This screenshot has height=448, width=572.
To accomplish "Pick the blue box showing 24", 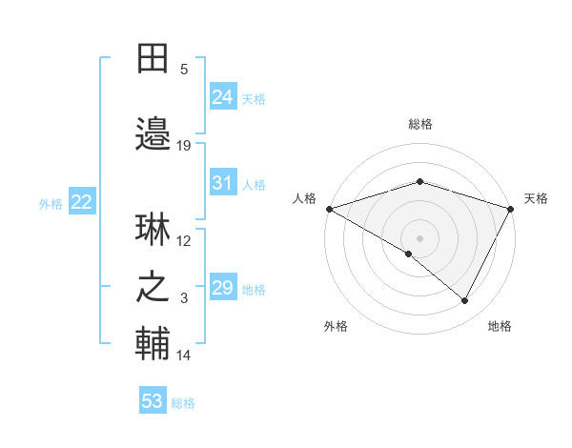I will coord(223,96).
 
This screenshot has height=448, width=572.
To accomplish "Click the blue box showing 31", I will coord(223,183).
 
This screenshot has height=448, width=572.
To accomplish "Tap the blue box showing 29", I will coord(223,288).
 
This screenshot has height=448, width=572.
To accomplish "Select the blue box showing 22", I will coord(82,202).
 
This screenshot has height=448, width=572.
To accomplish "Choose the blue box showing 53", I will coord(153,401).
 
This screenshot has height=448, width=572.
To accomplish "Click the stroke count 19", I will coord(184,146).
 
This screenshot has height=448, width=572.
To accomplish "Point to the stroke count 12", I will coord(184,241).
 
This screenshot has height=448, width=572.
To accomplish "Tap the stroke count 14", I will coord(184,356).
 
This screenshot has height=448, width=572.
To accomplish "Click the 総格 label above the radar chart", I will coord(419,124).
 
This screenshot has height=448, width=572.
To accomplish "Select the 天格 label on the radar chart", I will coord(536,198).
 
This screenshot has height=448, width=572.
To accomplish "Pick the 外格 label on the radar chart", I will coord(336,326).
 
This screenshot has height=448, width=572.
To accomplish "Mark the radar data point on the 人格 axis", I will coord(329,208).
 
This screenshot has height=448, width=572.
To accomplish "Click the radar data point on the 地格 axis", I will coord(465,300).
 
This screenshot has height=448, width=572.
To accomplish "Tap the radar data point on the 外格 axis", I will coord(409,254).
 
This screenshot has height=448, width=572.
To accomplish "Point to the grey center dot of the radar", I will coord(419,237).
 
